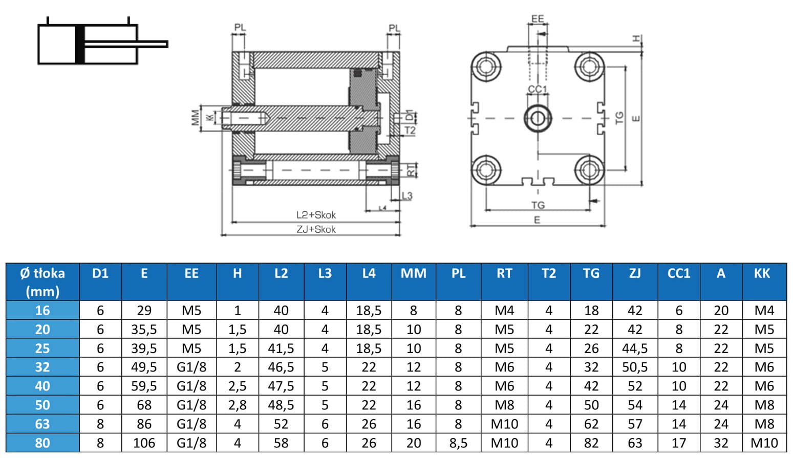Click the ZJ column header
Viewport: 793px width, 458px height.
635,274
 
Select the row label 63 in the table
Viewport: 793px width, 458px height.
42,424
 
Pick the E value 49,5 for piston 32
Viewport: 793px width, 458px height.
144,367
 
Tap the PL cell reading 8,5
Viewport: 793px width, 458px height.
458,443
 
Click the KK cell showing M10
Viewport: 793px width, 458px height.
764,443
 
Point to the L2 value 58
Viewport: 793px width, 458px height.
281,443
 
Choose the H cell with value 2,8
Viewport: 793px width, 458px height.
237,405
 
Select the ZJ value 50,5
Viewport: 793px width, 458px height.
635,367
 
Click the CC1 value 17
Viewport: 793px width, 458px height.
678,443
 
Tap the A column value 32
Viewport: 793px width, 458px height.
721,443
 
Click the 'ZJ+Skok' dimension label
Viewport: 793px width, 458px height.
316,229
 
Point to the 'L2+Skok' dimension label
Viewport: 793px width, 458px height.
316,215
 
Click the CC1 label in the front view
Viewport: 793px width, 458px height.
538,90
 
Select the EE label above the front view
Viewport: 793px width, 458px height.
538,19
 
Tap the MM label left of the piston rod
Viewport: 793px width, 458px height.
196,118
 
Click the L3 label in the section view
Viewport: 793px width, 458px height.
407,196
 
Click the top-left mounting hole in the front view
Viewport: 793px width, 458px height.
485,67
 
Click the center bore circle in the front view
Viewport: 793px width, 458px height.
538,118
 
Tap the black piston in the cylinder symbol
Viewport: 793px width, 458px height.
79,45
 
